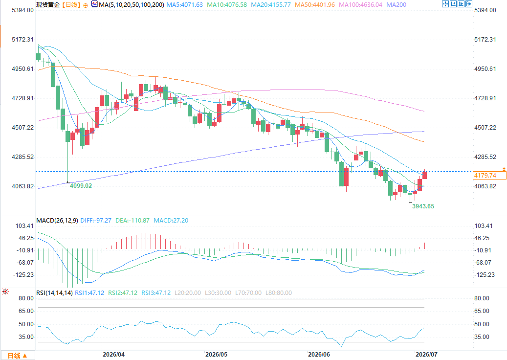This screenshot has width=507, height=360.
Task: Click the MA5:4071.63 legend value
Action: pos(185,5)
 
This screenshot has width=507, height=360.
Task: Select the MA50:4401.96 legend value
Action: pos(314,5)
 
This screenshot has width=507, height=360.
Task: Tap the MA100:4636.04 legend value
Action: pos(360,5)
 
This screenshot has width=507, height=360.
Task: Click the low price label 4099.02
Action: pos(81,186)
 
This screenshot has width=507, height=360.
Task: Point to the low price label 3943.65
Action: pos(423,206)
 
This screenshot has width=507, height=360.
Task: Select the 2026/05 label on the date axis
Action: pos(216,355)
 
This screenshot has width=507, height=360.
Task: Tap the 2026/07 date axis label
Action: pos(426,355)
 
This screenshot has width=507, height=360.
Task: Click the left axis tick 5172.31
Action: pos(22,40)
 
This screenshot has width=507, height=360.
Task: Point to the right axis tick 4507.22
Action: pos(485,128)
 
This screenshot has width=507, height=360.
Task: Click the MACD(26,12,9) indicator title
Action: pos(57,221)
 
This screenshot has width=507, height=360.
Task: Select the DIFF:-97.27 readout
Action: pos(96,221)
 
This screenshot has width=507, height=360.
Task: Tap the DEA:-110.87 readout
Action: pos(132,221)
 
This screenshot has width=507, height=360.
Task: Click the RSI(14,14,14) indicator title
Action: pos(54,293)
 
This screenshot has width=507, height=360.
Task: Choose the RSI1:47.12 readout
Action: pos(89,293)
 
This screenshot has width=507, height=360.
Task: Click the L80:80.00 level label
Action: pos(279,293)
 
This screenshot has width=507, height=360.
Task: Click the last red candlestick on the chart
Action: pos(424,175)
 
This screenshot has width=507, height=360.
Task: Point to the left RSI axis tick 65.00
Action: pos(26,311)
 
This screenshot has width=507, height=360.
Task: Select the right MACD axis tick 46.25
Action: pos(482,238)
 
